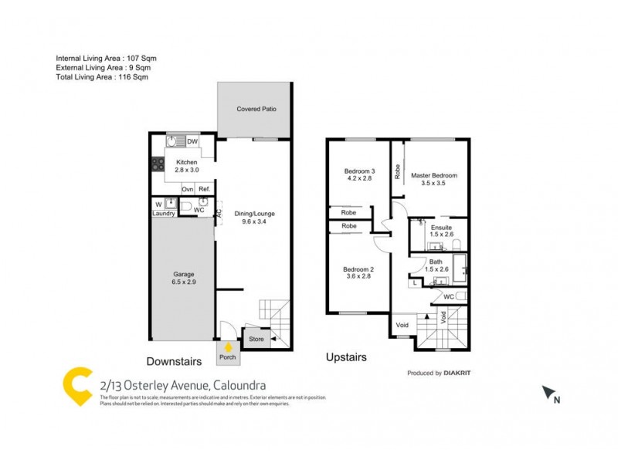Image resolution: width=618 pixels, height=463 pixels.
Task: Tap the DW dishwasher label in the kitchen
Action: click(x=192, y=142)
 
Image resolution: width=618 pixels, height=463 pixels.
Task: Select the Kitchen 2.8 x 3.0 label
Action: click(x=186, y=166)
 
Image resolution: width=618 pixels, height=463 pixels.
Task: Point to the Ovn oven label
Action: click(x=187, y=189)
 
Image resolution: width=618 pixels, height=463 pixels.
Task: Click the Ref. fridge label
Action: click(x=204, y=189)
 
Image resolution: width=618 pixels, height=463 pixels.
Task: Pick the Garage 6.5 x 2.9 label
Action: click(x=183, y=278)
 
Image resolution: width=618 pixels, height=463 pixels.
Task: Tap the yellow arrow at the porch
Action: click(x=228, y=347)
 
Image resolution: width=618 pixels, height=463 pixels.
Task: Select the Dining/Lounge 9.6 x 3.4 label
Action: click(x=258, y=218)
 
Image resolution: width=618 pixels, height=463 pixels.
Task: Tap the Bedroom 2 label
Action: click(x=358, y=272)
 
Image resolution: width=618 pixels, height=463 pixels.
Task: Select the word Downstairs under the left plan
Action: click(x=175, y=360)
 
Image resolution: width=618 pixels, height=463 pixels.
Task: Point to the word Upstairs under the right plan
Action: click(x=345, y=357)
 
